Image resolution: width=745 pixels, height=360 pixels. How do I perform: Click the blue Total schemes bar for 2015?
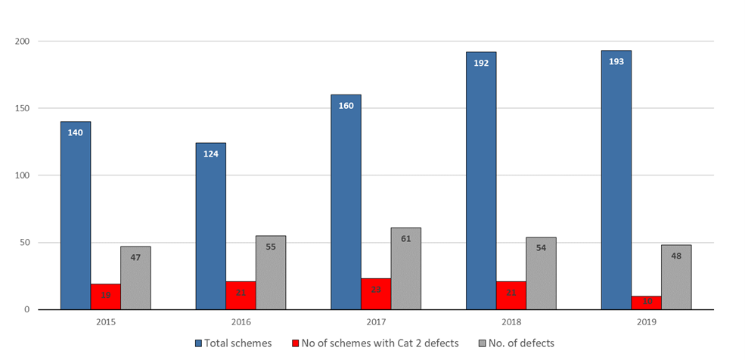(76, 216)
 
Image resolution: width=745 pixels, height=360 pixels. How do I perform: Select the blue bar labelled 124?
(210, 226)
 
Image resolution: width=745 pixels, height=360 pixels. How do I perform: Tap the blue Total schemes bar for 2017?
(346, 202)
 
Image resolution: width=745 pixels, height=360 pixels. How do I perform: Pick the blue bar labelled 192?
(481, 181)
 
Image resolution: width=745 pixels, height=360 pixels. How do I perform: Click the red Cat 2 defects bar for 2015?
(105, 296)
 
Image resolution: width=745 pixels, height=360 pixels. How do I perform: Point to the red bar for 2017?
(376, 294)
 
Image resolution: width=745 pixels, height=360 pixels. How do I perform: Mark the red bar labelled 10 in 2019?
(646, 303)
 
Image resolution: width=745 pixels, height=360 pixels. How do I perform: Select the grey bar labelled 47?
(135, 278)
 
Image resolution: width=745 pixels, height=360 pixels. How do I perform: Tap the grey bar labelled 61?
(406, 268)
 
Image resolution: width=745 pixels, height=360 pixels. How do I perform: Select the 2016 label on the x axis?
(241, 321)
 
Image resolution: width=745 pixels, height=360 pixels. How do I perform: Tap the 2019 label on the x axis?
(646, 321)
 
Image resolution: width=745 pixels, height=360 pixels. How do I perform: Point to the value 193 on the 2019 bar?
(616, 61)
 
